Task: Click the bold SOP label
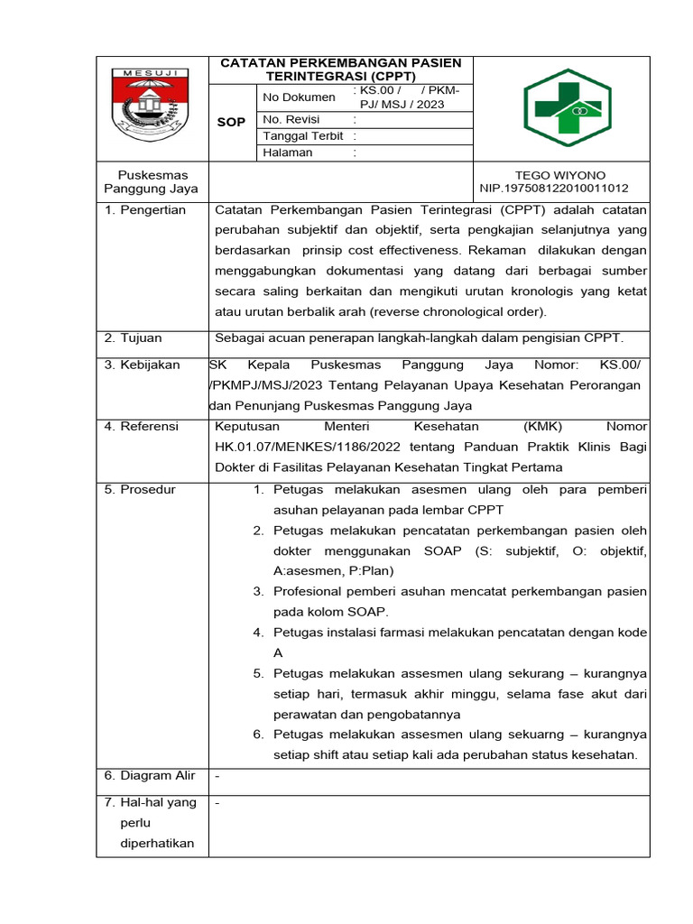pos(232,121)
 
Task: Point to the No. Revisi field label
pos(291,119)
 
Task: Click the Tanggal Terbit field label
pos(303,135)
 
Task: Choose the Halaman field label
pos(288,152)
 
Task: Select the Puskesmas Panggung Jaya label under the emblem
pos(151,181)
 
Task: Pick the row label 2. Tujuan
pos(133,337)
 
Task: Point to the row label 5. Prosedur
pos(140,489)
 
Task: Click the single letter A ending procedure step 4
pos(278,652)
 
